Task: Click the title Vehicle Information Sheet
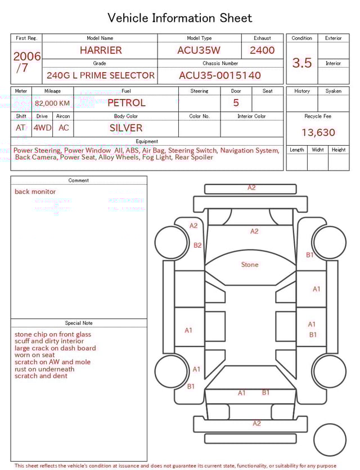[x=180, y=18]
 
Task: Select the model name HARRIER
[x=101, y=50]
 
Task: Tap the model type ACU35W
[x=199, y=50]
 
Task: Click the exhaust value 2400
[x=262, y=50]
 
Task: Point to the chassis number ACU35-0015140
[x=220, y=75]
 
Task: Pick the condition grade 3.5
[x=302, y=63]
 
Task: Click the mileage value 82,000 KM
[x=52, y=103]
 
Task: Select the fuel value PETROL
[x=126, y=103]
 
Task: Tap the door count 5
[x=236, y=103]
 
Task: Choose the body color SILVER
[x=126, y=128]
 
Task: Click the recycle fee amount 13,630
[x=318, y=133]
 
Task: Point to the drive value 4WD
[x=42, y=128]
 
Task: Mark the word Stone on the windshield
[x=250, y=265]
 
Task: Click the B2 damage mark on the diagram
[x=197, y=245]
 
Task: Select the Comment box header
[x=79, y=181]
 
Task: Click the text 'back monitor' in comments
[x=35, y=192]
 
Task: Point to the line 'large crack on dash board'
[x=55, y=348]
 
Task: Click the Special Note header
[x=79, y=323]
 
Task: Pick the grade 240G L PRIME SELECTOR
[x=101, y=75]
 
